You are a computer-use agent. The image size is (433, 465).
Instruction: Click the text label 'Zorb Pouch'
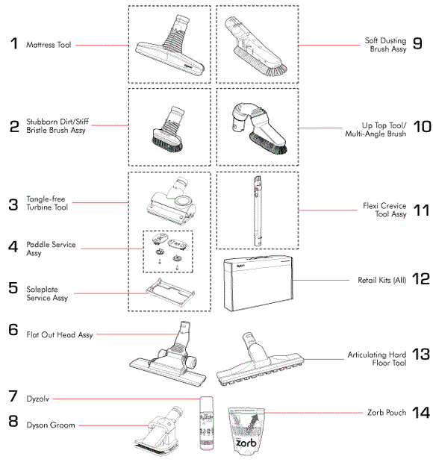coord(387,412)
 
